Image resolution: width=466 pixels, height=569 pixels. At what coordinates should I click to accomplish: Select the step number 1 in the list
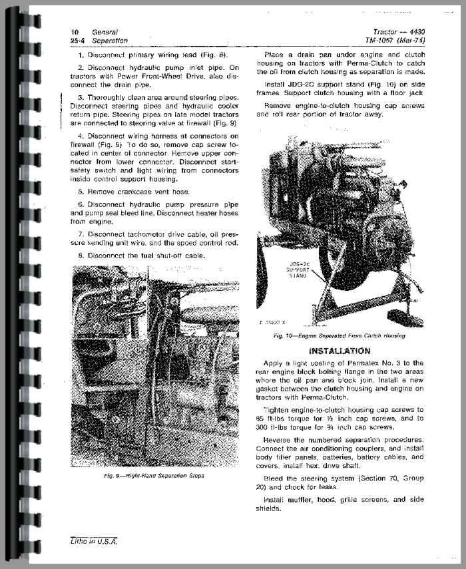tap(80, 54)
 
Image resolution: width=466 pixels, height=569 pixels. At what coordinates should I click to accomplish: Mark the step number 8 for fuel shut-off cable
tap(80, 255)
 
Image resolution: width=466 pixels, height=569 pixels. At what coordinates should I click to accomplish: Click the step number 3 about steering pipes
tap(80, 98)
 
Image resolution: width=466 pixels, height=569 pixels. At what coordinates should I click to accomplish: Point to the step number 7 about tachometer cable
tap(80, 234)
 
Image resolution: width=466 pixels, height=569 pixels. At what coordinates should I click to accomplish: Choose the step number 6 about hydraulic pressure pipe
tap(80, 203)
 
